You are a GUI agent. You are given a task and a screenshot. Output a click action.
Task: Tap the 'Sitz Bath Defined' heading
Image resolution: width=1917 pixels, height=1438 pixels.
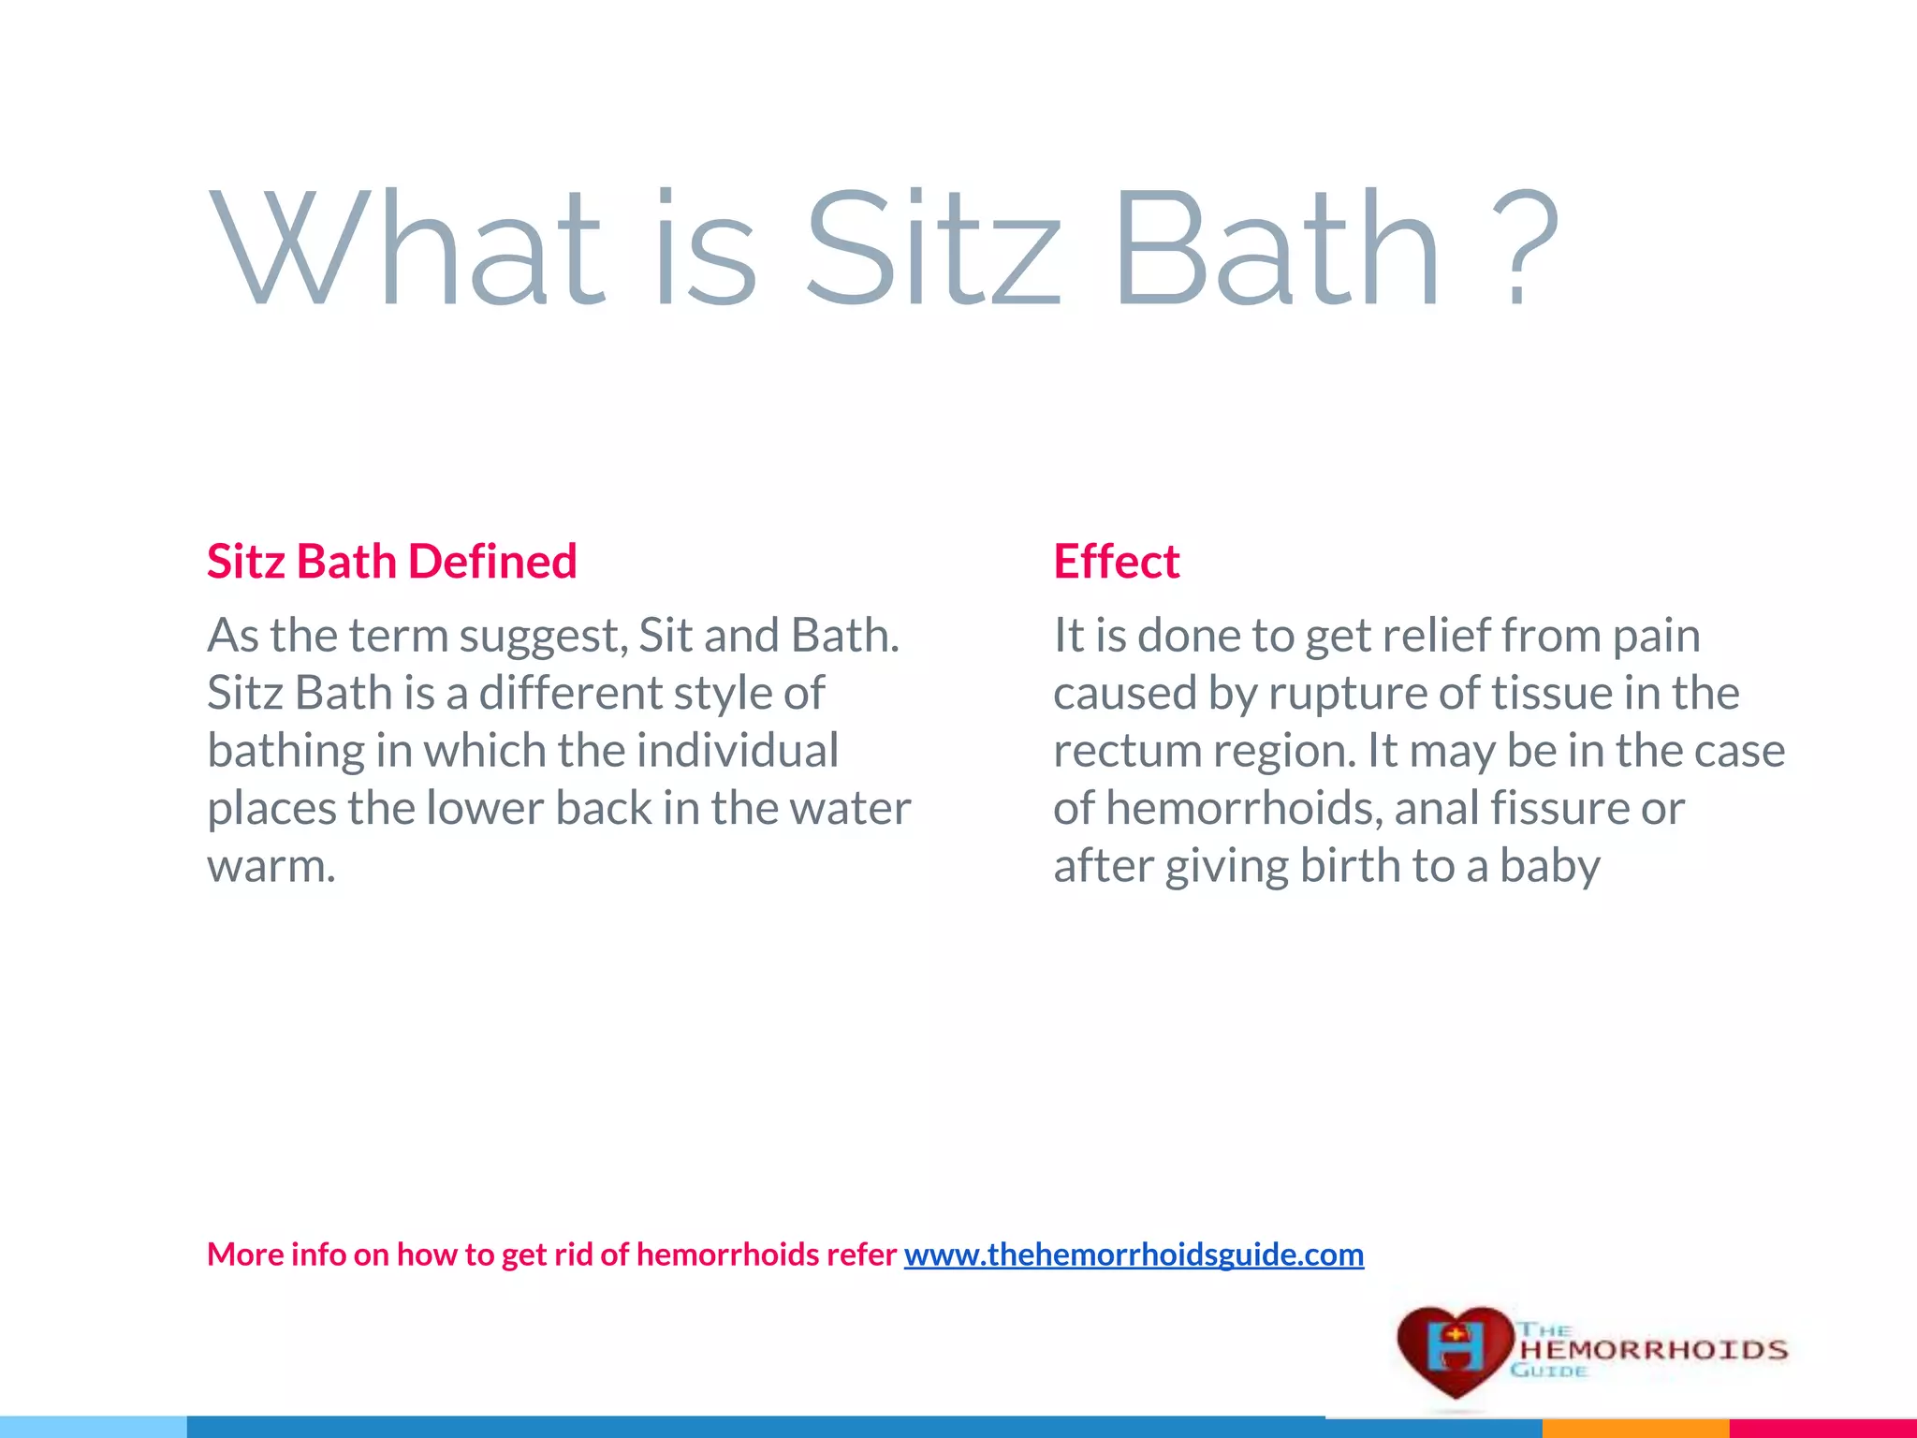[391, 562]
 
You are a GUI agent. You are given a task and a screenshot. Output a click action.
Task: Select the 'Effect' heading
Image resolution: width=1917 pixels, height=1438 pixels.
[1116, 562]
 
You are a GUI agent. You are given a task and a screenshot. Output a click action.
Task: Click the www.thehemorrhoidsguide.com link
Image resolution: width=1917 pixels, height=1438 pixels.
[1134, 1255]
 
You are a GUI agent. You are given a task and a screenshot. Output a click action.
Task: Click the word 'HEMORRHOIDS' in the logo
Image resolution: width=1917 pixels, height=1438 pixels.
[1653, 1350]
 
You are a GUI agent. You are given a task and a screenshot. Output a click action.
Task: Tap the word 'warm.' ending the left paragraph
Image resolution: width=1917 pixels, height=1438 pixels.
[271, 866]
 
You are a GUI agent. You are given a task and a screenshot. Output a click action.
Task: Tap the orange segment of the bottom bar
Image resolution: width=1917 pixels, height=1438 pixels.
[1634, 1429]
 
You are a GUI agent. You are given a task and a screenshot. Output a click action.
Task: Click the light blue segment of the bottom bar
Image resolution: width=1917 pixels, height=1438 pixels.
[94, 1429]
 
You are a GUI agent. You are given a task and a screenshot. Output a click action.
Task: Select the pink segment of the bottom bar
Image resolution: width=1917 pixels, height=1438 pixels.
[1822, 1429]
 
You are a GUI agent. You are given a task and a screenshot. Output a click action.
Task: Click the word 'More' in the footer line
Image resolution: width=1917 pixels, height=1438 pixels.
[244, 1255]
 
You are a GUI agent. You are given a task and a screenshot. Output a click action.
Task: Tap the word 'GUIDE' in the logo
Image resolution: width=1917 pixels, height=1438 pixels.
[1549, 1372]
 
